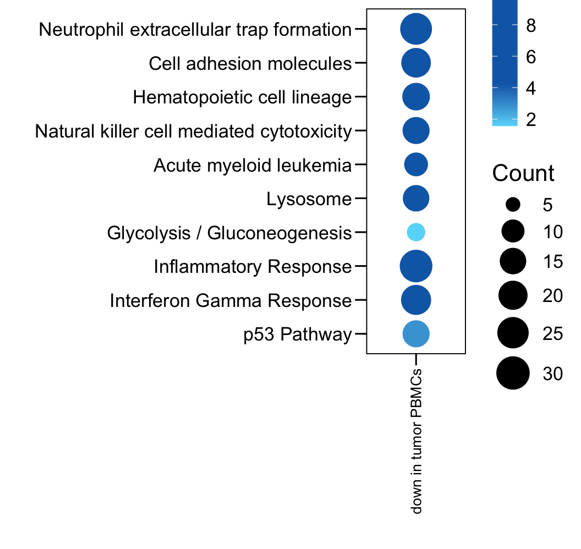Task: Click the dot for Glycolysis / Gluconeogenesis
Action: tap(416, 233)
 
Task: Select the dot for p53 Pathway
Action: tap(416, 333)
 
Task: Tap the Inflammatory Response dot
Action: tap(416, 267)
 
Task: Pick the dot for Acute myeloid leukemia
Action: tap(416, 164)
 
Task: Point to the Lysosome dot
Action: tap(416, 199)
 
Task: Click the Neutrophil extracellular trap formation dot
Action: tap(416, 29)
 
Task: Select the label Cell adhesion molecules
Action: tap(250, 64)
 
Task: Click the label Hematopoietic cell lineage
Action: tap(242, 98)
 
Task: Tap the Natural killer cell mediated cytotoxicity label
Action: tap(193, 131)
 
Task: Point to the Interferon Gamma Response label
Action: tap(231, 301)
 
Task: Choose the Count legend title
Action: tap(523, 173)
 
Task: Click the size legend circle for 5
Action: tap(513, 205)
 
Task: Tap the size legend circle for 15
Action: tap(513, 261)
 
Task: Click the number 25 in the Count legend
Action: tap(552, 333)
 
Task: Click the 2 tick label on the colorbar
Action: tap(531, 119)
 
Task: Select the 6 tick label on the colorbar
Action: tap(531, 57)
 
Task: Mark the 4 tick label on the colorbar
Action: tap(531, 88)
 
